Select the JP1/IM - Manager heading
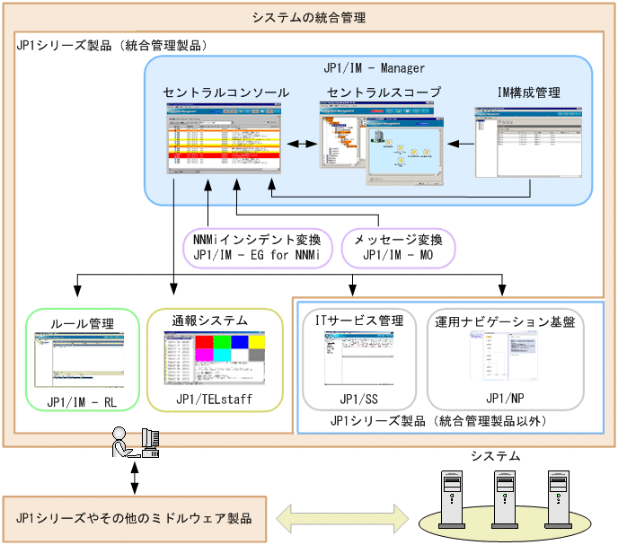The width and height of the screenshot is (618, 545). [374, 68]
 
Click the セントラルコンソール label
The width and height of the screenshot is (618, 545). [226, 92]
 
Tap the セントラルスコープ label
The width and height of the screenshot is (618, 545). [384, 92]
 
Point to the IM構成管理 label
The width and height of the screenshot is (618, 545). [528, 92]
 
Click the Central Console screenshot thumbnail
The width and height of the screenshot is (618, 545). [225, 140]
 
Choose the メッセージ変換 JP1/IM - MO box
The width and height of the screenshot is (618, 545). [398, 247]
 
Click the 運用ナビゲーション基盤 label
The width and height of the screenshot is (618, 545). [505, 321]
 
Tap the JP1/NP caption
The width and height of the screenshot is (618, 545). [505, 396]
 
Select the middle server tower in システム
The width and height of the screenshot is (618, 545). [507, 497]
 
